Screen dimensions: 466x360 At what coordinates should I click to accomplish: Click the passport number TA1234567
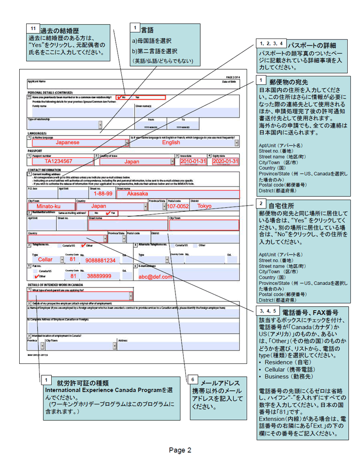tap(58, 161)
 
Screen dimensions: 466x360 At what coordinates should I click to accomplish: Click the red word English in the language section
tap(171, 143)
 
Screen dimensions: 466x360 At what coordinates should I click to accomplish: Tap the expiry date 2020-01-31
tap(225, 161)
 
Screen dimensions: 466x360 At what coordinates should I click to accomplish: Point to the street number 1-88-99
tap(103, 194)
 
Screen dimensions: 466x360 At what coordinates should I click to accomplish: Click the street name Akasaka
tap(138, 194)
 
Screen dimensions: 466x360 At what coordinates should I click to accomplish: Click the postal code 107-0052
tap(178, 206)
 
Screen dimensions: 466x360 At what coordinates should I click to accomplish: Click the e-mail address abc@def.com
tap(155, 277)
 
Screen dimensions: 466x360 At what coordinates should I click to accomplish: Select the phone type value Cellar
tap(45, 259)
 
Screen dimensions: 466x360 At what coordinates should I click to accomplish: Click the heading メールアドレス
tap(222, 383)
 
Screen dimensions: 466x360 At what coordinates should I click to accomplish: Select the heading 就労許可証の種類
tap(83, 382)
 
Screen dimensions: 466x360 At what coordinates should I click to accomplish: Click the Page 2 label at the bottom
tap(180, 450)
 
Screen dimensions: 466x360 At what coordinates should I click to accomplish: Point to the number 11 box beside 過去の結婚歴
tap(33, 28)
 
